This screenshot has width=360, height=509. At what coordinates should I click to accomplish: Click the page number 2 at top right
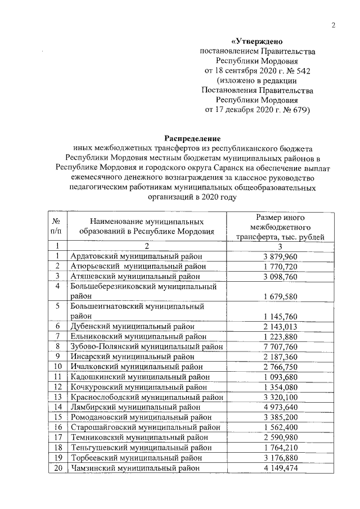pos(333,25)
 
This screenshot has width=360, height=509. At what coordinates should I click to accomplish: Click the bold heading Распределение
pos(192,138)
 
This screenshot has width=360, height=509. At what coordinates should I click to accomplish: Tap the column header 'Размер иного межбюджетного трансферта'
pos(280,227)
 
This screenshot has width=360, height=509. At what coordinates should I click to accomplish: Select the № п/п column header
pos(56,227)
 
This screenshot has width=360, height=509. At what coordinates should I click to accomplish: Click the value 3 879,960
pos(280,256)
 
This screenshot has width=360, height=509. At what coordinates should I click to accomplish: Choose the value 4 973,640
pos(280,407)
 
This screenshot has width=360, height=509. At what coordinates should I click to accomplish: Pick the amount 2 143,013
pos(280,326)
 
